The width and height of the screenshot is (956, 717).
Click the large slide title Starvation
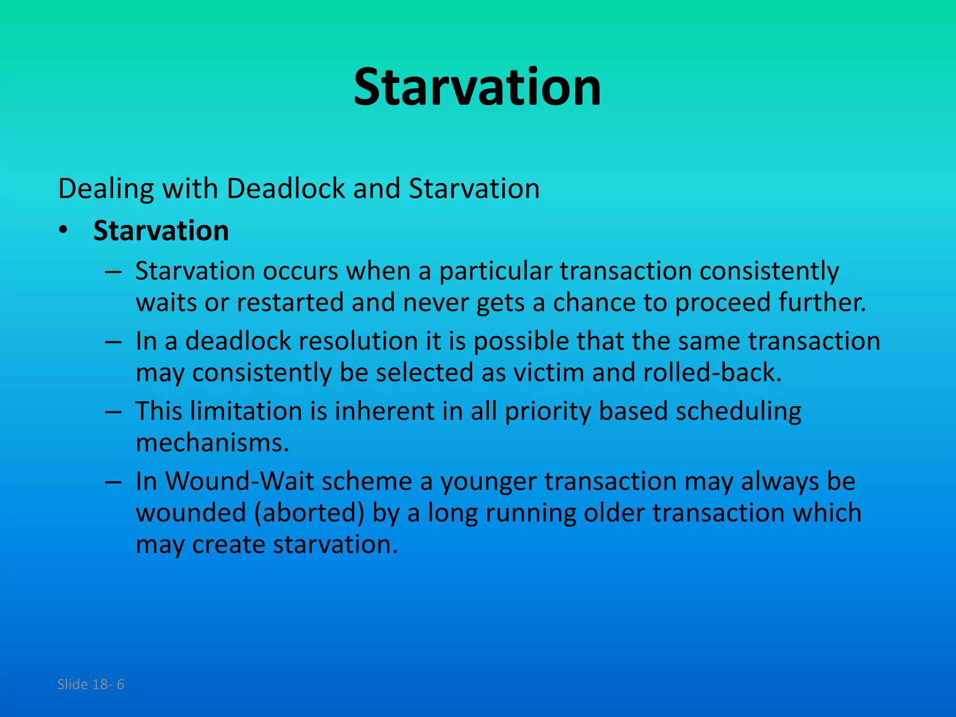(477, 87)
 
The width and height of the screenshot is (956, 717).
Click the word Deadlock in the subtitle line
(285, 189)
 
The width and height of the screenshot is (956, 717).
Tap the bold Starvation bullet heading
(161, 231)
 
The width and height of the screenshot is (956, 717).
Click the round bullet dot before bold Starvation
(63, 231)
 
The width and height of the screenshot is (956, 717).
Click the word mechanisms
(212, 443)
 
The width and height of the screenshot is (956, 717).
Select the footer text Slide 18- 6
(91, 684)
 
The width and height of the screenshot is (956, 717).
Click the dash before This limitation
(113, 412)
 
